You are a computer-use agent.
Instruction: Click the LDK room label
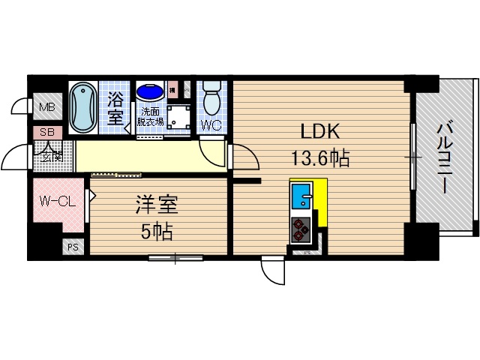click(320, 132)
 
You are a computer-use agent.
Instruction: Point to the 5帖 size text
click(157, 231)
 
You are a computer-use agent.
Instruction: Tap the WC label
click(212, 125)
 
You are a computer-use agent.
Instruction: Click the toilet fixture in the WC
click(212, 97)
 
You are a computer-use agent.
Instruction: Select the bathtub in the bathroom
click(82, 107)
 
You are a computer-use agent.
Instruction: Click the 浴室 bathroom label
click(116, 107)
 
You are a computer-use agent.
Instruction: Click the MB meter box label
click(47, 107)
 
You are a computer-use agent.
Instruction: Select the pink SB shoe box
click(46, 133)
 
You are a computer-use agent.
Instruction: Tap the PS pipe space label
click(73, 246)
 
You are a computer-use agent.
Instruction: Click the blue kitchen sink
click(301, 197)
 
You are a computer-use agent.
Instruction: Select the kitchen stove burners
click(301, 229)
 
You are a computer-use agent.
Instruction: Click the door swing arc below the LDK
click(274, 271)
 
